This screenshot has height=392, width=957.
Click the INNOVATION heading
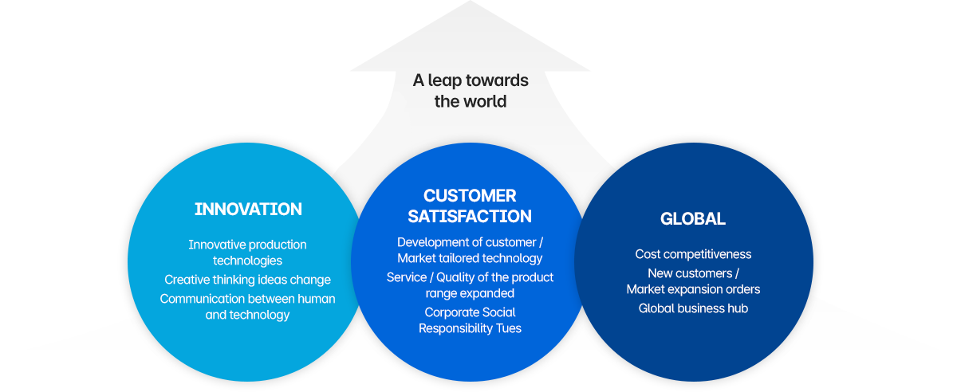248,210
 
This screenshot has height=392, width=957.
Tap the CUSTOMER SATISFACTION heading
470,206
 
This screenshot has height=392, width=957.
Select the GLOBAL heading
692,218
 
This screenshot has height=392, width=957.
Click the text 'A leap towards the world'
471,91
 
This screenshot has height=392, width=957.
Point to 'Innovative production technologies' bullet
247,252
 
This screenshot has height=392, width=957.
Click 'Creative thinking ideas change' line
247,280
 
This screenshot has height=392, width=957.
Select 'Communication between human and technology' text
247,306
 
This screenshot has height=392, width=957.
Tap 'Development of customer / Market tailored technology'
470,249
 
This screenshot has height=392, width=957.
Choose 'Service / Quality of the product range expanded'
470,285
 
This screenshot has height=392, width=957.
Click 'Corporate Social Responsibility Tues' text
470,320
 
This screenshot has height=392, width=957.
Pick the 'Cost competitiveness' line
693,254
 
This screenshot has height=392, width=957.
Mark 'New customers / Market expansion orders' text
693,281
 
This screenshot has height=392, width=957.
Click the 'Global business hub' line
693,308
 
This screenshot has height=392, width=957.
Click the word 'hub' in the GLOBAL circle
737,308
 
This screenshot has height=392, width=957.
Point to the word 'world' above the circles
487,101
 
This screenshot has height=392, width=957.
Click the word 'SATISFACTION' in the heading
470,216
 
